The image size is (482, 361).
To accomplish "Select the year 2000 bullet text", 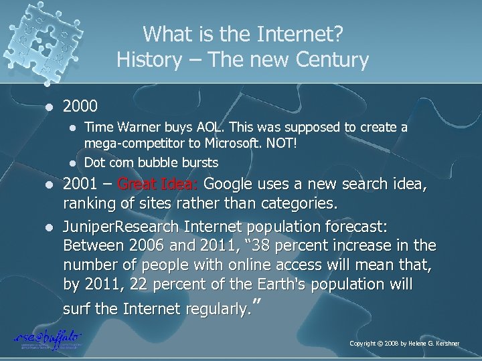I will (80, 106).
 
